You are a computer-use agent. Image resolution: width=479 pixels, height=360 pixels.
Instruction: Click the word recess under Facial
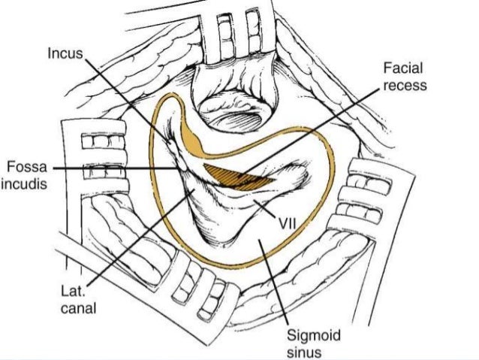404,85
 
